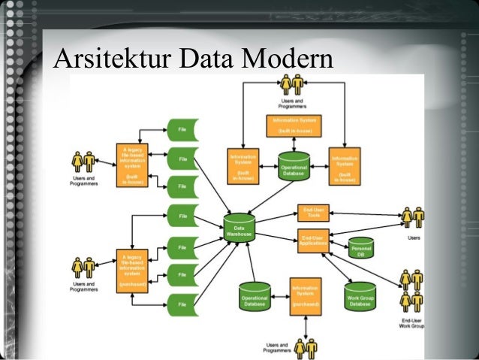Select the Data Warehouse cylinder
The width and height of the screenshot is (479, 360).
click(239, 227)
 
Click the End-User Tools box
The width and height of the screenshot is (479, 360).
click(311, 213)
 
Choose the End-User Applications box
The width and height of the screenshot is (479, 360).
click(313, 241)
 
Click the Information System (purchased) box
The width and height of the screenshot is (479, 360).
click(305, 296)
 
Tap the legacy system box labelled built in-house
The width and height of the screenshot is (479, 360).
click(131, 165)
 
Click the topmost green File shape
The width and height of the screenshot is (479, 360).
click(182, 130)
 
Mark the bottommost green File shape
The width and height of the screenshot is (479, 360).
click(182, 304)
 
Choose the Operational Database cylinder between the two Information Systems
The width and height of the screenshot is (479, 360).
click(294, 168)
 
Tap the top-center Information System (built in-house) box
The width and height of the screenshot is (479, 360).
click(294, 125)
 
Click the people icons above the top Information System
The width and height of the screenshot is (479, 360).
click(292, 84)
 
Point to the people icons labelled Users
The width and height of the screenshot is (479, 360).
click(412, 217)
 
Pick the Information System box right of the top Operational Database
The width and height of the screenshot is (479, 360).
click(345, 165)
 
